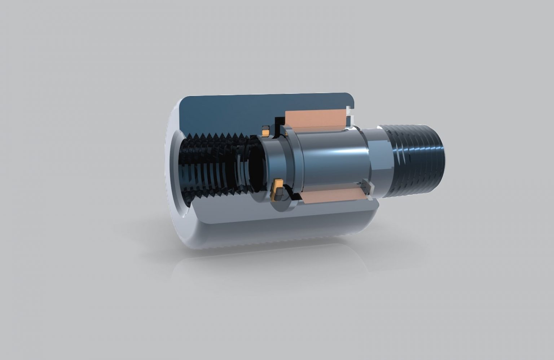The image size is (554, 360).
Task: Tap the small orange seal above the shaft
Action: (x=266, y=131)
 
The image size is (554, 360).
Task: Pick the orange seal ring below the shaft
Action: (x=278, y=189)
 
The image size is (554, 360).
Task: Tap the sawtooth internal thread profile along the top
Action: (x=216, y=136)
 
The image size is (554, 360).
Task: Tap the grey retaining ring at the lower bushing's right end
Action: (x=368, y=189)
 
